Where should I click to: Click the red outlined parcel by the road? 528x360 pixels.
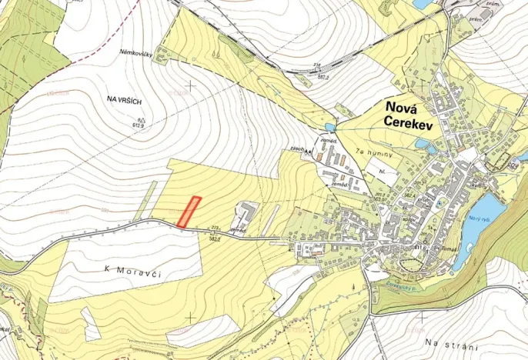(x=189, y=212)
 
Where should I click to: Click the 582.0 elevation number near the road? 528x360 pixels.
(x=216, y=238)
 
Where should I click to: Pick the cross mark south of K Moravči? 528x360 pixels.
(x=190, y=317)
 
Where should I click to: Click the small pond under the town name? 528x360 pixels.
(x=422, y=143)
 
